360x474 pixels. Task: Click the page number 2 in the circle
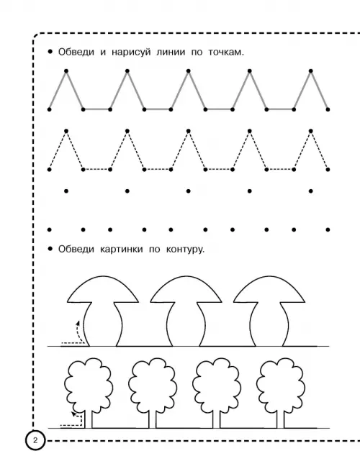click(x=35, y=440)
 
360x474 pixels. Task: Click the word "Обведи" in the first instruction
click(x=76, y=52)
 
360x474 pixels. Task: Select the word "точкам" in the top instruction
click(x=225, y=53)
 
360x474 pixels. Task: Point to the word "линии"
click(x=171, y=53)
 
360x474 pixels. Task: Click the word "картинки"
click(x=121, y=250)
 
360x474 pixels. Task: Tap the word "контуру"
click(x=184, y=250)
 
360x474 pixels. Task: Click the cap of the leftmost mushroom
click(x=103, y=289)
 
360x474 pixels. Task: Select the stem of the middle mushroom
click(x=186, y=324)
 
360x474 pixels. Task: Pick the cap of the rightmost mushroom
click(x=269, y=289)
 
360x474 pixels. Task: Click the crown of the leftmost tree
click(x=89, y=385)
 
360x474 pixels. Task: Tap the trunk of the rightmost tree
click(x=280, y=419)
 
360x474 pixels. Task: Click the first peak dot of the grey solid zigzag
click(x=66, y=71)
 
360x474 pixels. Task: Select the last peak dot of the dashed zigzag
click(x=311, y=131)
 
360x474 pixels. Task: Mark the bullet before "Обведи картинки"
click(x=50, y=249)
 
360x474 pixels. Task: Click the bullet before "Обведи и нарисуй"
click(x=50, y=52)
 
